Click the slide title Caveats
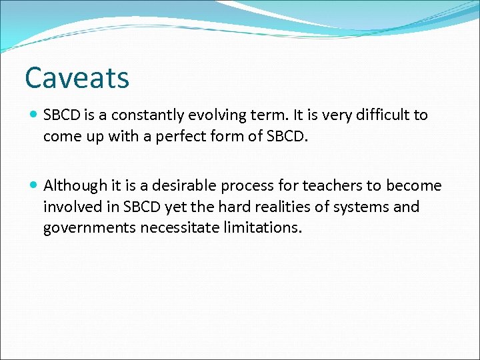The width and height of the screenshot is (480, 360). tap(77, 78)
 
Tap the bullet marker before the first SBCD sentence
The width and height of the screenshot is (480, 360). tap(34, 115)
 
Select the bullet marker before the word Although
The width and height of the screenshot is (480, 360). tap(34, 185)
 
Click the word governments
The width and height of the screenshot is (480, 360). tap(89, 228)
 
